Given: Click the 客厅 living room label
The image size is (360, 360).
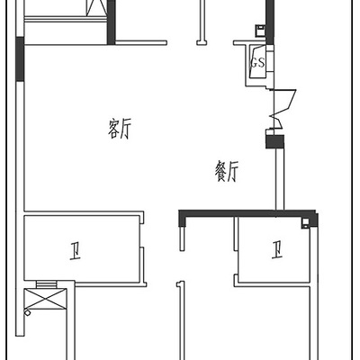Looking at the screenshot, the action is point(120,129).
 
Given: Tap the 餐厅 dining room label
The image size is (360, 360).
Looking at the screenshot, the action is point(227,171).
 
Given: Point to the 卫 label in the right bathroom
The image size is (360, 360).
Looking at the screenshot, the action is point(277,250).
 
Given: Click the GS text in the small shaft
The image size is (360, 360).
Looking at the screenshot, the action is point(257,63).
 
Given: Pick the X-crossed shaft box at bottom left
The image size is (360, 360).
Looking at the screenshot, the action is point(45,299).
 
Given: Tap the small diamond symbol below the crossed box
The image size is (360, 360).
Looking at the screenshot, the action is point(28,312).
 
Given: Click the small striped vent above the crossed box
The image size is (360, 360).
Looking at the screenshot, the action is point(46,284).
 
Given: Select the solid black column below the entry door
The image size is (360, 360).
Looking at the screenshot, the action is point(274,141).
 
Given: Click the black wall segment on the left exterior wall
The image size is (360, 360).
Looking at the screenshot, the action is point(20,58).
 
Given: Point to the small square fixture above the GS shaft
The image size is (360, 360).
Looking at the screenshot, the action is point(260,31).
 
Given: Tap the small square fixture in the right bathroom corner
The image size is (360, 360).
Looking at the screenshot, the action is point(306,223).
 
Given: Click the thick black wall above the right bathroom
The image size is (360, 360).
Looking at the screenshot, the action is point(247,214).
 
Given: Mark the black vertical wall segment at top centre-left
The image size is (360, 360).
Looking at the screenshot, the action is point(112,22).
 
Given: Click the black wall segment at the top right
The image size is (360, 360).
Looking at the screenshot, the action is point(270,22).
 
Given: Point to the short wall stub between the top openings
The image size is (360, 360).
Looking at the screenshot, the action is point(202,22).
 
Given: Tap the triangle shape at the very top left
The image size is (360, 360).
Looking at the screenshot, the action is point(96,8).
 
